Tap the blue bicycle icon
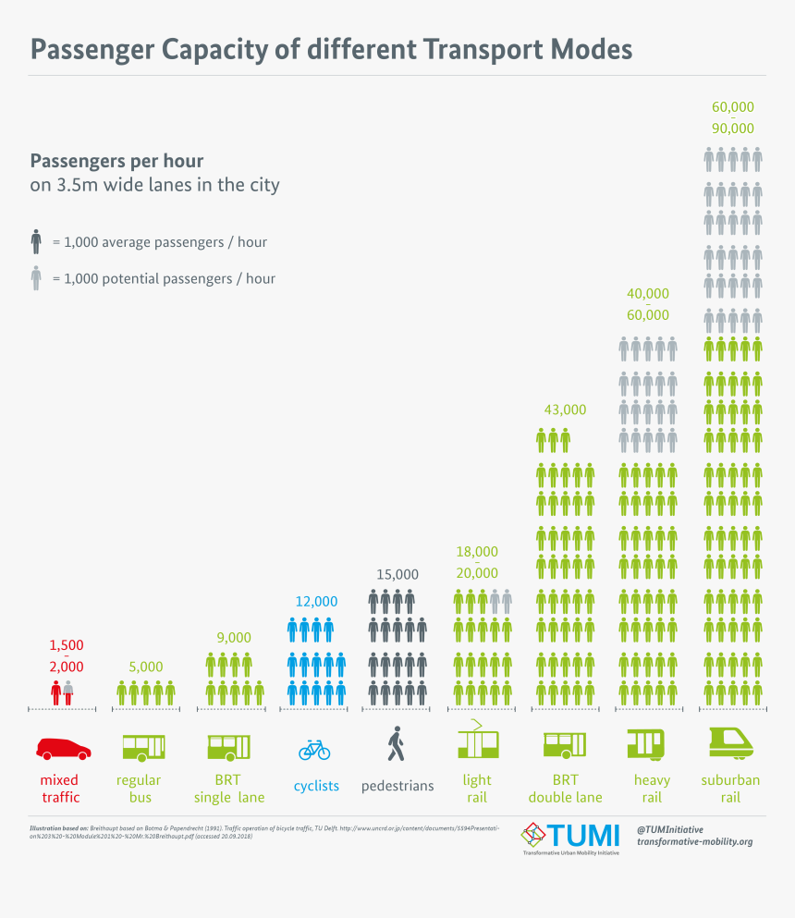pos(314,748)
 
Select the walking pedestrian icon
pos(397,743)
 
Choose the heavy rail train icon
pos(645,743)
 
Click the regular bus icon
pos(144,746)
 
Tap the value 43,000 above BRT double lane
pos(564,410)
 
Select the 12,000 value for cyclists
pos(315,601)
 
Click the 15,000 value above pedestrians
pos(397,574)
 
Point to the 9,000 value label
pos(234,637)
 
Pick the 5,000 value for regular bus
pos(145,666)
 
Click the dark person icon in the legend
pos(36,242)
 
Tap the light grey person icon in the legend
pos(36,278)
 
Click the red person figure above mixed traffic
pos(56,692)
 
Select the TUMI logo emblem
pos(533,834)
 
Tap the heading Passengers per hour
pos(117,161)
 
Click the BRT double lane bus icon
pos(564,745)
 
